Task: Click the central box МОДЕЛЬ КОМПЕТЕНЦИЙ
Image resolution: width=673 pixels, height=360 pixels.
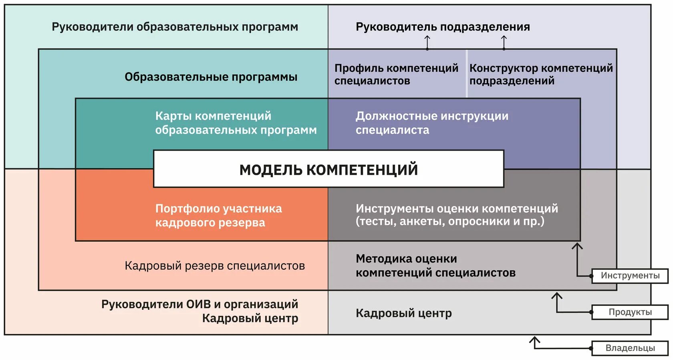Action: click(x=328, y=169)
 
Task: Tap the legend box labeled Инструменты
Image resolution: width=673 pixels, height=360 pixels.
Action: click(x=630, y=276)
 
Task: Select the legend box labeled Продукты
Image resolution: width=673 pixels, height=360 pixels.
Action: click(x=630, y=312)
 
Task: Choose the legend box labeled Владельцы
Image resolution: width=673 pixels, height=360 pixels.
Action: click(x=630, y=348)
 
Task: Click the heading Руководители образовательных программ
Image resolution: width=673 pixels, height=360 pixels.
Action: click(x=175, y=27)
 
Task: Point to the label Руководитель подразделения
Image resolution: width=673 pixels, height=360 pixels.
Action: click(x=443, y=27)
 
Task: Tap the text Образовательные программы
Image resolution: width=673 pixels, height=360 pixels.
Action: click(x=211, y=77)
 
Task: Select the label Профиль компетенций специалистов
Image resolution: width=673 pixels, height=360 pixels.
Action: click(x=396, y=74)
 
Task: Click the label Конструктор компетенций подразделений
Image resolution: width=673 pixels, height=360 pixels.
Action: click(x=541, y=74)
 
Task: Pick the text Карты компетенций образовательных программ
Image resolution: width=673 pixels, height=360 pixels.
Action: click(x=236, y=123)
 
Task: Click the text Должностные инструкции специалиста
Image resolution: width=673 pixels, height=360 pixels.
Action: click(x=431, y=123)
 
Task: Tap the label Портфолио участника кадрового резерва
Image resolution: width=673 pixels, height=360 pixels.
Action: click(x=218, y=215)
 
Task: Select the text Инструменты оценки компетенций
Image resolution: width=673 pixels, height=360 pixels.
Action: click(x=456, y=208)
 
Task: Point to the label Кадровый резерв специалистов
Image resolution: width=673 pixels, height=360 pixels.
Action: click(x=215, y=265)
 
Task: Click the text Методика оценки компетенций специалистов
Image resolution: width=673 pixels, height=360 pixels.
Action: click(x=435, y=265)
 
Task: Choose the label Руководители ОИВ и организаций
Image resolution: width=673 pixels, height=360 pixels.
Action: click(x=199, y=304)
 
